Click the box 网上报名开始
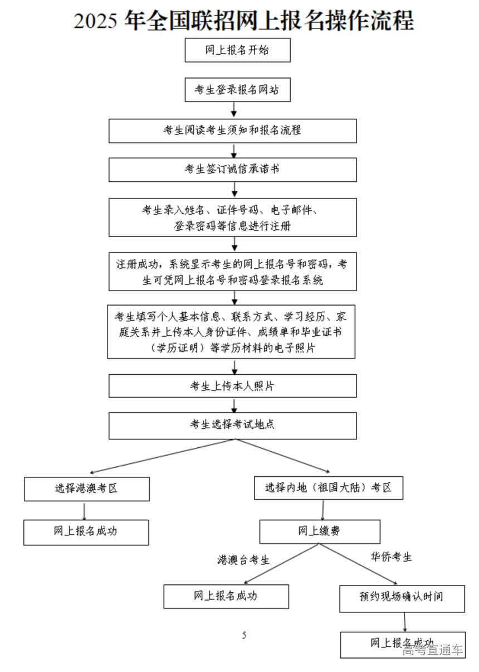click(x=237, y=50)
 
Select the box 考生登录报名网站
click(x=237, y=90)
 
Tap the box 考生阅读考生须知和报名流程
click(x=232, y=130)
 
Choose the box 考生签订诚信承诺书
click(x=232, y=170)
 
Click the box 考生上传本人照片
click(x=232, y=386)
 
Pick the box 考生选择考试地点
click(x=232, y=425)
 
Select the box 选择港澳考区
click(x=87, y=489)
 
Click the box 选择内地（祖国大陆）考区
click(x=329, y=488)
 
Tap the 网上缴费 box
click(x=320, y=531)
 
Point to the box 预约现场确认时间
click(x=402, y=597)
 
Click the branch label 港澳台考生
click(x=243, y=560)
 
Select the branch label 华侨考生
click(x=392, y=557)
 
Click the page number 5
click(x=244, y=635)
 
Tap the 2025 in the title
click(x=95, y=21)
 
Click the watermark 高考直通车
click(x=433, y=650)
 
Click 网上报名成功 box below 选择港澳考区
click(x=86, y=531)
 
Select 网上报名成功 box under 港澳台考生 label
click(x=226, y=596)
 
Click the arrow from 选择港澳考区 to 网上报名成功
click(x=84, y=510)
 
